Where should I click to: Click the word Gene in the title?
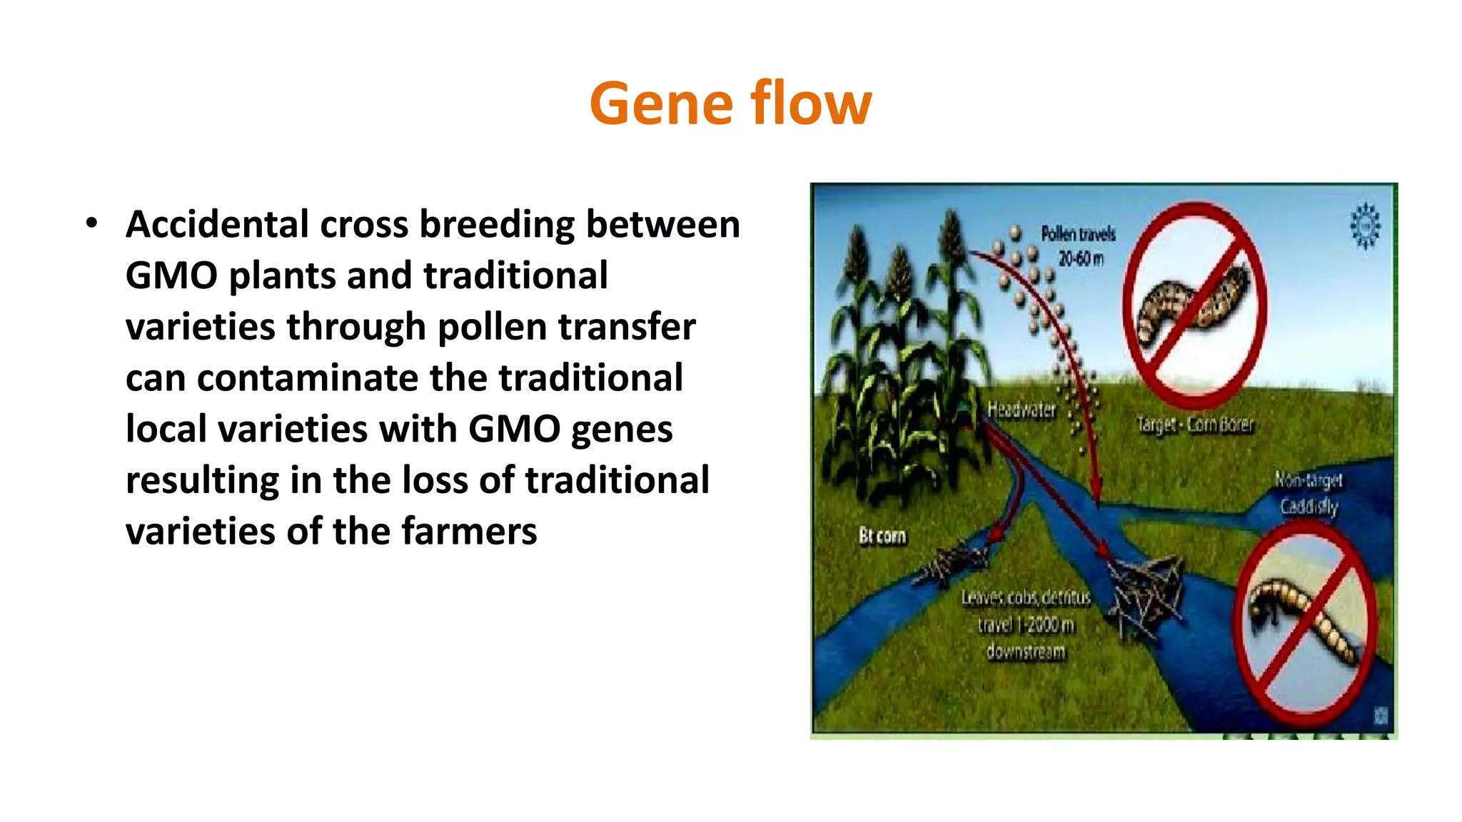click(x=661, y=104)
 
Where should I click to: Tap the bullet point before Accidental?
click(x=91, y=224)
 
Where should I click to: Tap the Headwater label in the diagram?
click(x=1021, y=410)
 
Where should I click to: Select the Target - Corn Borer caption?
click(x=1195, y=425)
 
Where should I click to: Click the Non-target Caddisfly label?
click(x=1309, y=493)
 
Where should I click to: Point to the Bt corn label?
click(x=882, y=535)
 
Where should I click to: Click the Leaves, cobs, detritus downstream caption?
click(x=1026, y=624)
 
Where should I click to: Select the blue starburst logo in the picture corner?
click(x=1365, y=225)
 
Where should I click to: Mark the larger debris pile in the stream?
click(x=1142, y=592)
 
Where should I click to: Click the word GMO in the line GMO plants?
click(x=171, y=276)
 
